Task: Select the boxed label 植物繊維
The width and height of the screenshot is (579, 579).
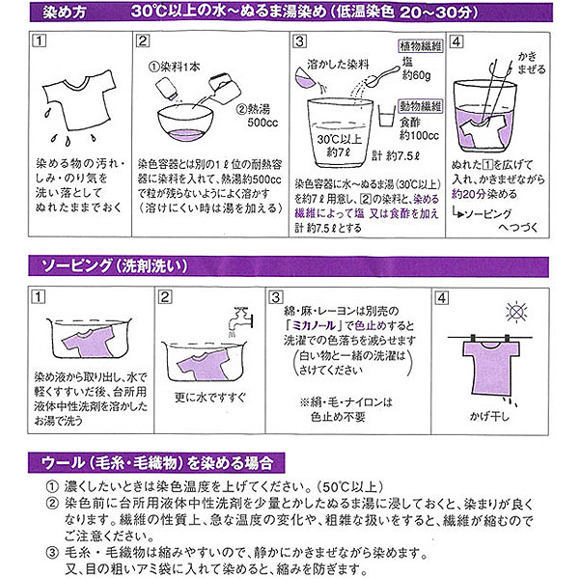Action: [x=417, y=47]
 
